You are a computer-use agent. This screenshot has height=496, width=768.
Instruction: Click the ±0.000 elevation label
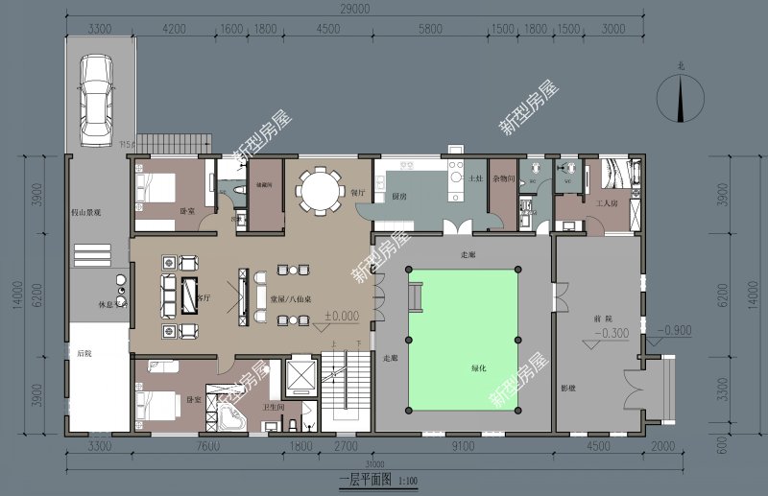(341, 315)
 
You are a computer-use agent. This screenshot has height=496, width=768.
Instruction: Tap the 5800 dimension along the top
(432, 29)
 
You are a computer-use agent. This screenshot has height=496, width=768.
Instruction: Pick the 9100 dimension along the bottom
(462, 445)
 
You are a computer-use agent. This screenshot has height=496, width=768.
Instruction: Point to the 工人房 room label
(607, 204)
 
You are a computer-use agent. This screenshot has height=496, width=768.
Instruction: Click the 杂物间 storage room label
(504, 179)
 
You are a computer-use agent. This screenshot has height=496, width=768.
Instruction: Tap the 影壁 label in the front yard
(568, 389)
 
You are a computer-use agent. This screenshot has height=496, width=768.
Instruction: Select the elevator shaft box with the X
(300, 376)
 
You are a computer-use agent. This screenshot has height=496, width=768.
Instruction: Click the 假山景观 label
(93, 213)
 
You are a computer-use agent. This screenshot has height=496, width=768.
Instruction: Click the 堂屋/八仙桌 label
(291, 298)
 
